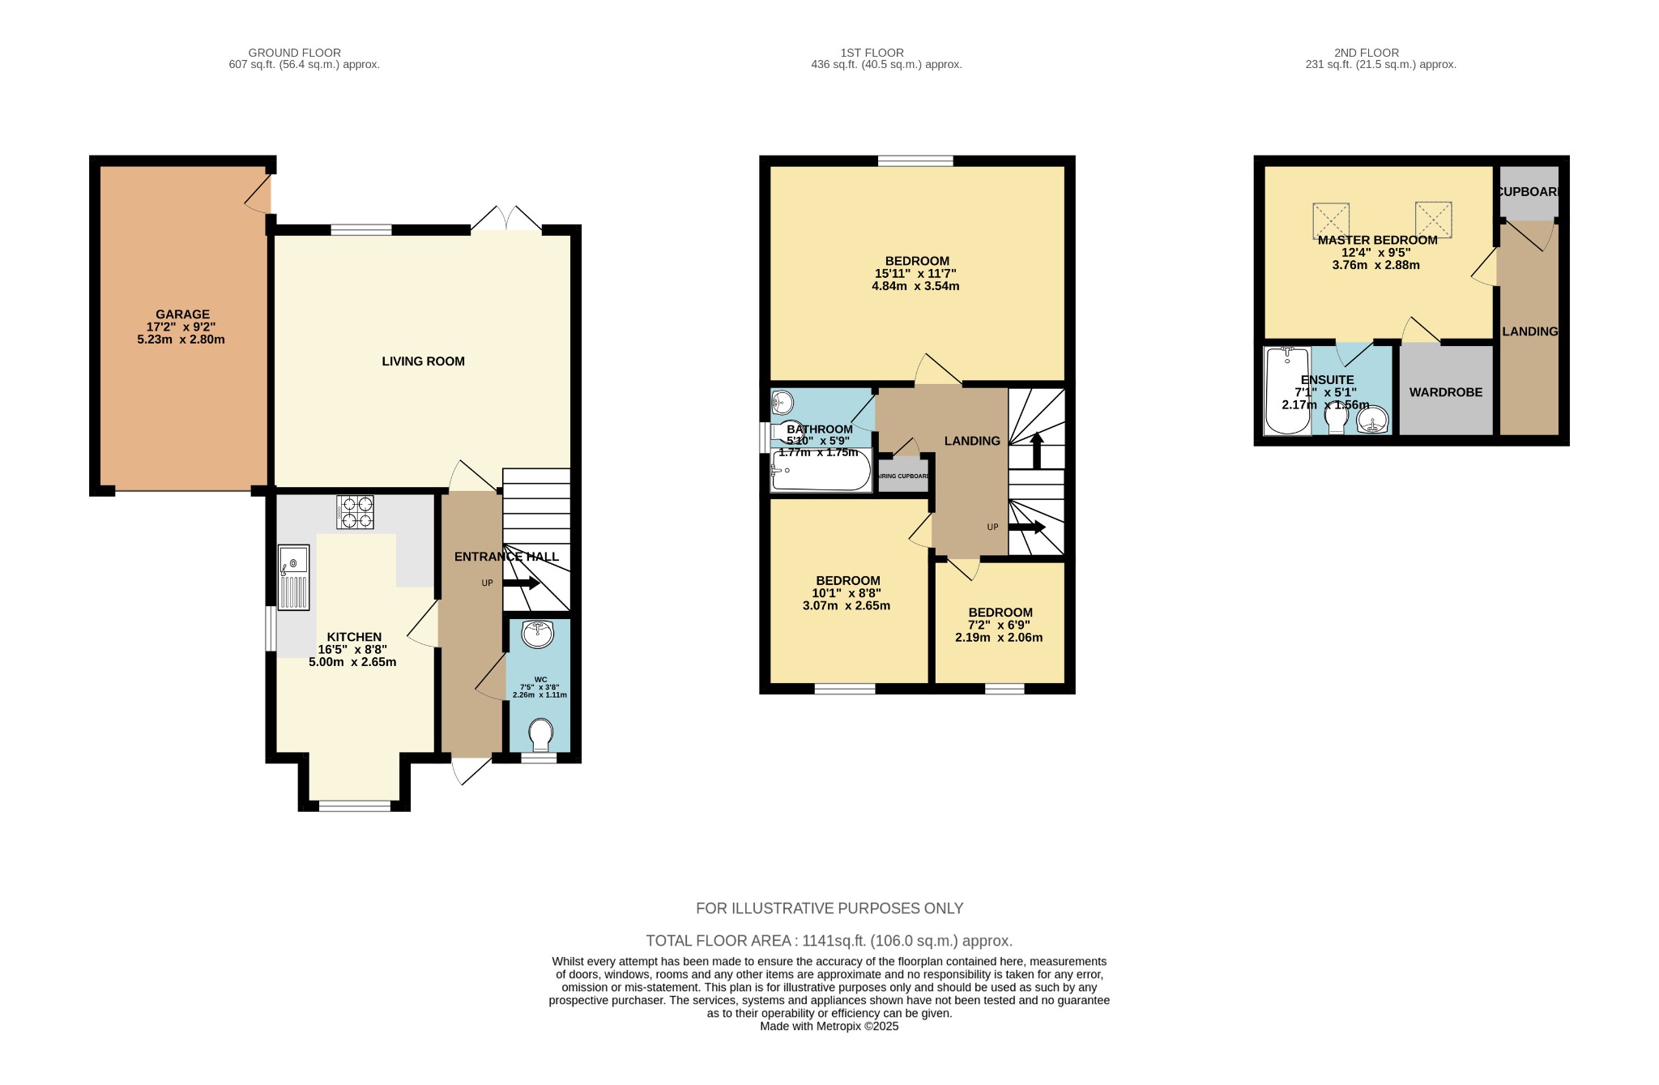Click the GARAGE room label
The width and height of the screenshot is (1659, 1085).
click(x=182, y=314)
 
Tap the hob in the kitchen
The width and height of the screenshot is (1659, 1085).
click(x=355, y=512)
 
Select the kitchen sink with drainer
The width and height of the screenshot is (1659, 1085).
click(x=293, y=577)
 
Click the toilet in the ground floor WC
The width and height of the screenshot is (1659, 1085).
click(x=539, y=736)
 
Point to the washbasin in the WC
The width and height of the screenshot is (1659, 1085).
click(x=538, y=634)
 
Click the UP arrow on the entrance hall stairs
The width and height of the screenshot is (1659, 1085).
click(x=522, y=583)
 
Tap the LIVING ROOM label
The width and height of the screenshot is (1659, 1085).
click(x=423, y=361)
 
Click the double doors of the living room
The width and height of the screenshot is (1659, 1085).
click(x=506, y=220)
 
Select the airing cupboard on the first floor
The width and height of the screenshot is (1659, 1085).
click(x=904, y=476)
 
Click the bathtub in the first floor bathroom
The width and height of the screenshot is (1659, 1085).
click(x=821, y=472)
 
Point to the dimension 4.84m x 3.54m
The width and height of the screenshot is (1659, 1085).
click(x=915, y=286)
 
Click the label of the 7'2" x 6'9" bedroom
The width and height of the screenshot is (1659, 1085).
click(x=1000, y=613)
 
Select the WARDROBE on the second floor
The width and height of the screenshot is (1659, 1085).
click(x=1446, y=392)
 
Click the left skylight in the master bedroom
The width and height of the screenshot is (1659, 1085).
click(x=1331, y=220)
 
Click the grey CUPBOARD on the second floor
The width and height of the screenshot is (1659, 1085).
click(x=1529, y=192)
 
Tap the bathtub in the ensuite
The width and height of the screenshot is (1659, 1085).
click(x=1287, y=391)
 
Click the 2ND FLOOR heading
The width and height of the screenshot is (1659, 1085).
click(x=1366, y=53)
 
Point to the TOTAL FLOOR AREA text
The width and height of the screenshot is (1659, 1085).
click(x=829, y=941)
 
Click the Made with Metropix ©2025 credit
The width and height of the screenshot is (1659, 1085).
click(x=829, y=1026)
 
